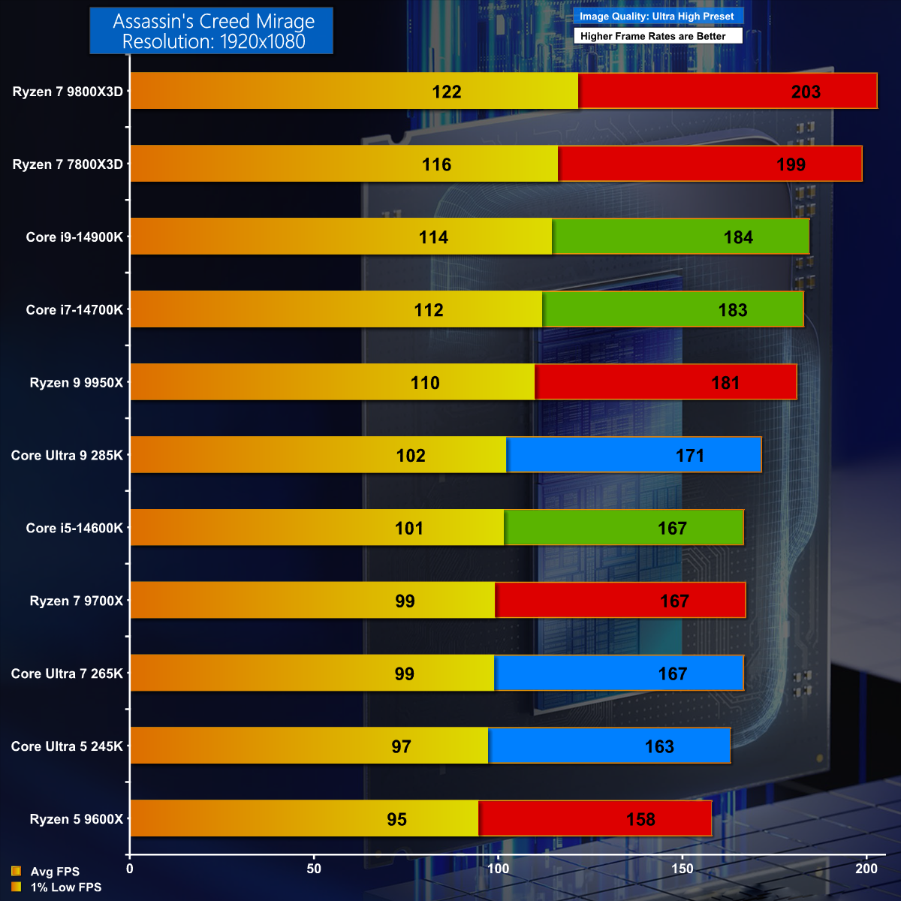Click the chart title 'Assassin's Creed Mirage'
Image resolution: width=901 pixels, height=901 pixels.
pos(213,22)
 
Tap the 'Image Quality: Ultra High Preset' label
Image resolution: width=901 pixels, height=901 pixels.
pos(657,16)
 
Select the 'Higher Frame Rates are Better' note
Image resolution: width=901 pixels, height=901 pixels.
pos(653,36)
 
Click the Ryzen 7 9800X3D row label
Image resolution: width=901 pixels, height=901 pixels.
pos(68,92)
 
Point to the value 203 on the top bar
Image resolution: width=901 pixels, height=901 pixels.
pos(806,92)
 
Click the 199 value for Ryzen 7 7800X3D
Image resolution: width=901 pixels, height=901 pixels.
pos(791,164)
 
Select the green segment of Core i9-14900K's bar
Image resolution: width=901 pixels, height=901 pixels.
pos(680,237)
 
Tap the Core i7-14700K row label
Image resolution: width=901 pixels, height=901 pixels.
pos(74,310)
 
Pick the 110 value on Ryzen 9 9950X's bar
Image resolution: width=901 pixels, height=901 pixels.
pos(425,383)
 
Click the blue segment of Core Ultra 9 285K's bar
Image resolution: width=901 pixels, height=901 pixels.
pos(634,455)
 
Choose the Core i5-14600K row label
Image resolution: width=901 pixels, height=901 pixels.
pos(74,528)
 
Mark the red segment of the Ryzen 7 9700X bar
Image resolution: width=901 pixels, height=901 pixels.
pos(620,601)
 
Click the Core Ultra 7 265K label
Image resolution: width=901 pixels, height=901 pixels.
pos(67,673)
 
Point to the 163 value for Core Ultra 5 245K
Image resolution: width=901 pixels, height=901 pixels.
pos(659,746)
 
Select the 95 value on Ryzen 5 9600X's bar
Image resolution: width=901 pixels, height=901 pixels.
pos(397,819)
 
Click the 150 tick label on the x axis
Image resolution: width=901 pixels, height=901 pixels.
pos(683,869)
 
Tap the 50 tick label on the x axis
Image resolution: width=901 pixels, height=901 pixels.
pos(314,869)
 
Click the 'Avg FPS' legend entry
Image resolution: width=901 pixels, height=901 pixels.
pos(55,872)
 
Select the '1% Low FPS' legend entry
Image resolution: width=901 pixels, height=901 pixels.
pos(65,887)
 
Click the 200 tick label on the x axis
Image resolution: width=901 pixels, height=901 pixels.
pos(866,869)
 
